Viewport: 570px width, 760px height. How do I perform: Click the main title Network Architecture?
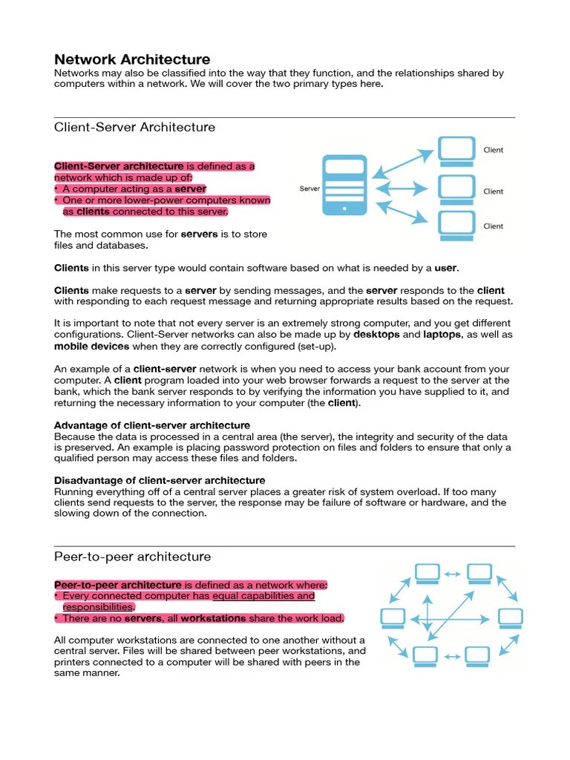(132, 59)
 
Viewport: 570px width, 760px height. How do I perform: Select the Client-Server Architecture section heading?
(134, 127)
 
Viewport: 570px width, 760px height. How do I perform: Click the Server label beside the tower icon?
(309, 189)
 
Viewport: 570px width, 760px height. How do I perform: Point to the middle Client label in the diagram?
(493, 191)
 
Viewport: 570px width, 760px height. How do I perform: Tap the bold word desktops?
(376, 335)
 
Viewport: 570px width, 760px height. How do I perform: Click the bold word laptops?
(442, 335)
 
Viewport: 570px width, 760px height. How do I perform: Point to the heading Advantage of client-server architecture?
(152, 425)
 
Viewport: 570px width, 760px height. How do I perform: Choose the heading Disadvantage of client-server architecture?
(160, 480)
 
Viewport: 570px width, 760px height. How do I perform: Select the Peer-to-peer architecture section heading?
(132, 557)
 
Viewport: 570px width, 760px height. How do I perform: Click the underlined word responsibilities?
(98, 607)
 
